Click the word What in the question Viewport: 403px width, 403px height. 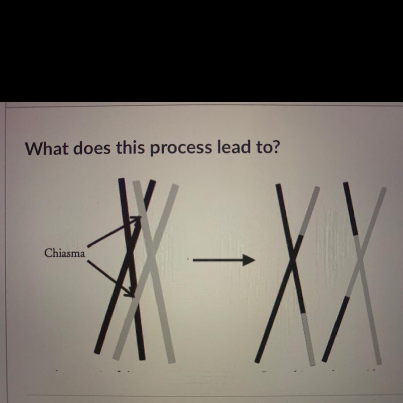coord(46,148)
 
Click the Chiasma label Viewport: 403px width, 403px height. coord(65,254)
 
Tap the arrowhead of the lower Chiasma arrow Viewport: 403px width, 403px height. coord(130,293)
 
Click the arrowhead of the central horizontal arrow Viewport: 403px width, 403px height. coord(249,260)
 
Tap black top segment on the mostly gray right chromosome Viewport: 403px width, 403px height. coord(351,209)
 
